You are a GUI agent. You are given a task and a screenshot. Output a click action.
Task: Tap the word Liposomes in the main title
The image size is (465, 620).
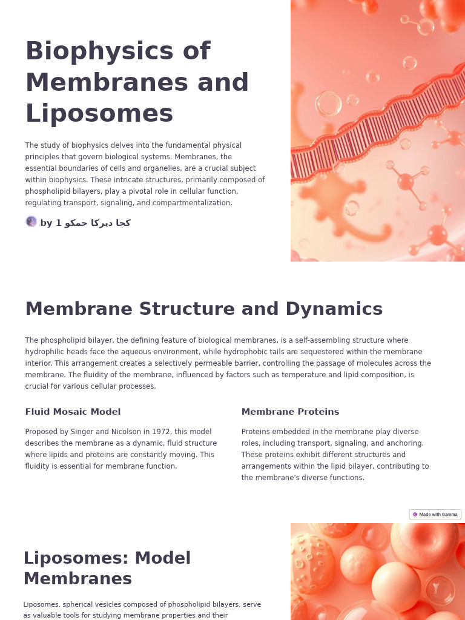(99, 114)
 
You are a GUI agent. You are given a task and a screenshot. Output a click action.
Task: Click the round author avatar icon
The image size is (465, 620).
(31, 222)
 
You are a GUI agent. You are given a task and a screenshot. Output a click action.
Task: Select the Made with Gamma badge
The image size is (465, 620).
(435, 515)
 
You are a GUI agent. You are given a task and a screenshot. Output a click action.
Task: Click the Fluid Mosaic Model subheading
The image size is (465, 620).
(73, 412)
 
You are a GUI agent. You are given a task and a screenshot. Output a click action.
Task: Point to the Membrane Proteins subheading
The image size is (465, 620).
(290, 412)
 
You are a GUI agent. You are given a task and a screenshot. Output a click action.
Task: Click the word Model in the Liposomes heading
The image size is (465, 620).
(163, 558)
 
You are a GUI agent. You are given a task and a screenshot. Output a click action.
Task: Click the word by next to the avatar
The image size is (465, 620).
(46, 223)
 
